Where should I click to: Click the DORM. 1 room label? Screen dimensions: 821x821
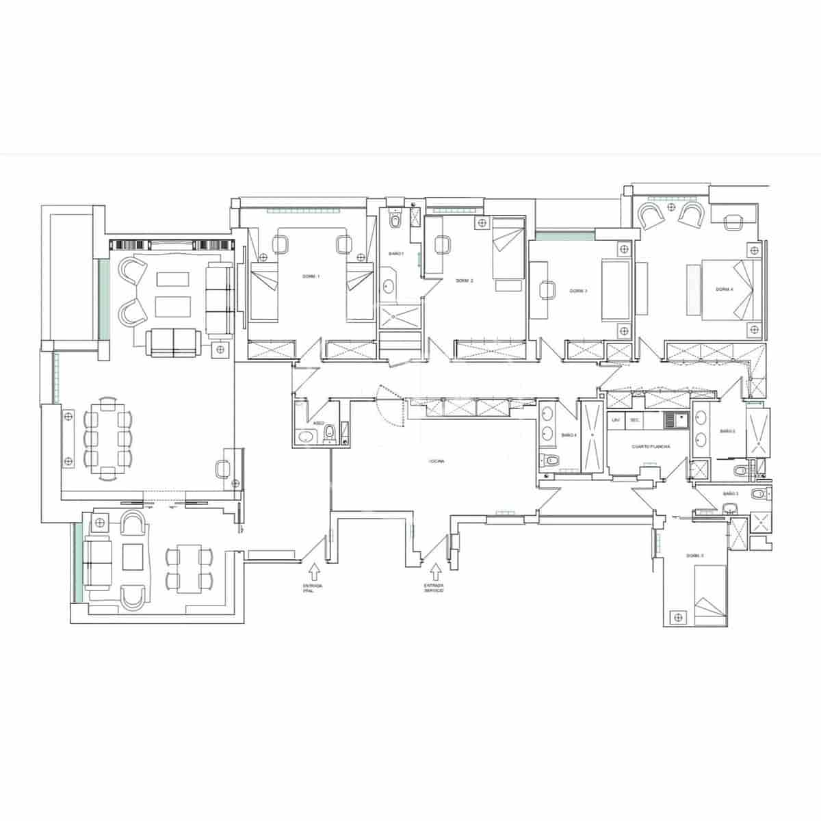coord(311,276)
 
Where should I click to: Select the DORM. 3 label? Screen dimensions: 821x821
coord(579,291)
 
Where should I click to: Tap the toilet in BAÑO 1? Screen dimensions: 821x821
coord(395,221)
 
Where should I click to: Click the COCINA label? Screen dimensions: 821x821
coord(436,462)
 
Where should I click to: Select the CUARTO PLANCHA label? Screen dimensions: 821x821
coord(650,446)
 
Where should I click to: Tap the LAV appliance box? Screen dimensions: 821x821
coord(616,419)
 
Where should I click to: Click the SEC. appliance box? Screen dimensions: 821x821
coord(634,419)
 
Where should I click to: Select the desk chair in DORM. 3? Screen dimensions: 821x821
coord(546,290)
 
